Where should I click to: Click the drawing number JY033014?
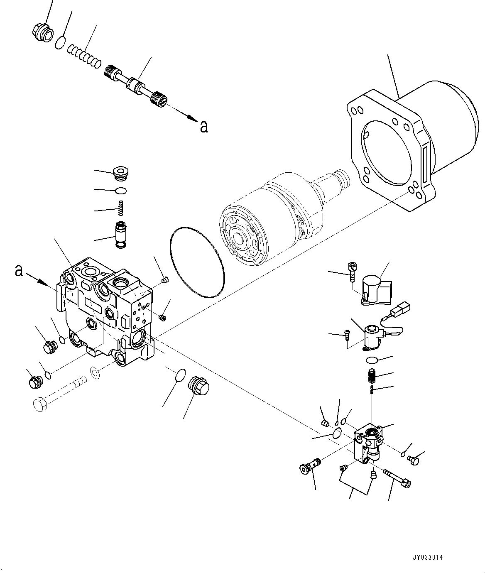click(428, 558)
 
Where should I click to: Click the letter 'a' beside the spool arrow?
click(203, 126)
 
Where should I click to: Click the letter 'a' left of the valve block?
click(18, 271)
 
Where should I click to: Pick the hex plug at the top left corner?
click(42, 32)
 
